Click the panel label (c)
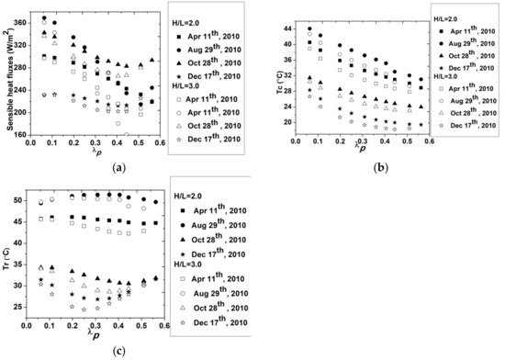pyautogui.click(x=118, y=349)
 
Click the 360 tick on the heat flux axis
pyautogui.click(x=26, y=23)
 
